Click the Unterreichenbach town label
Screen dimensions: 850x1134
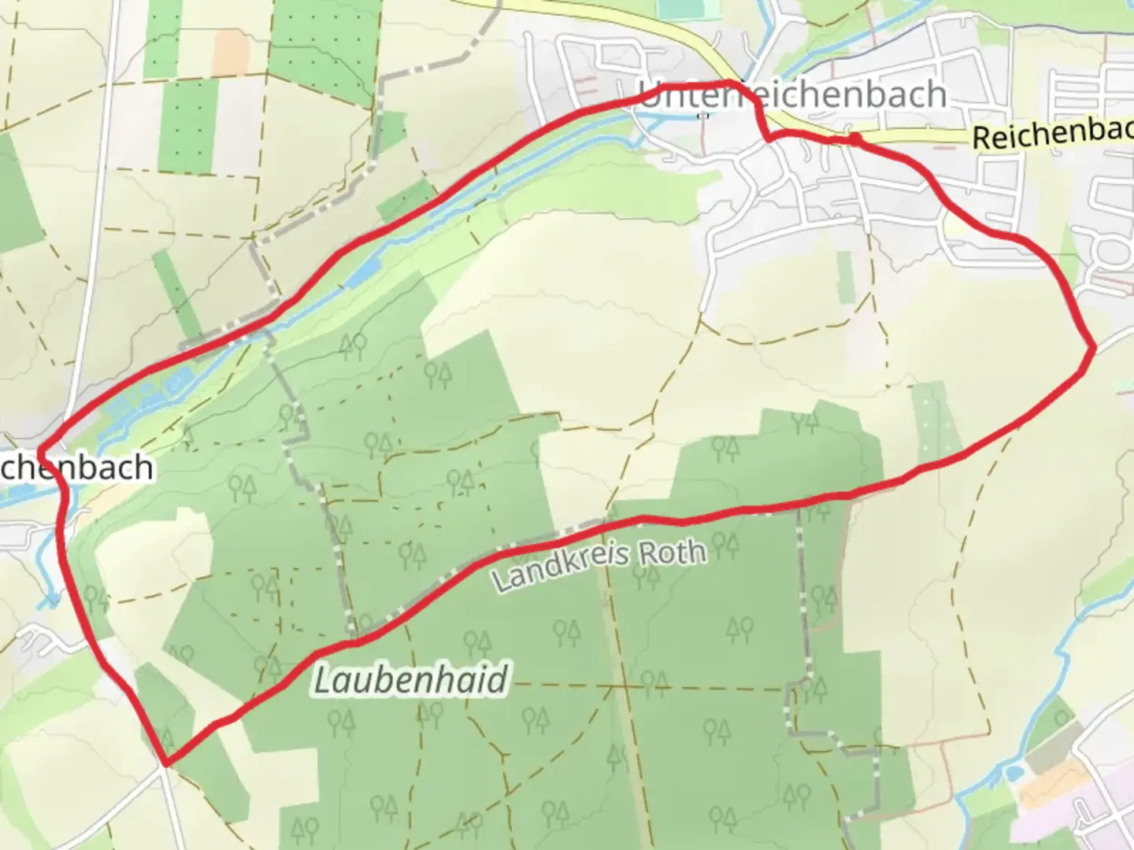(x=791, y=95)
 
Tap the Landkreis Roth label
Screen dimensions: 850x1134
(x=598, y=564)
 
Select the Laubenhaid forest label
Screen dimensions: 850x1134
(x=410, y=679)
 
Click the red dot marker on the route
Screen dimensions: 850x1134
(x=854, y=139)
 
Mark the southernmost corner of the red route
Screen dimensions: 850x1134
(x=166, y=761)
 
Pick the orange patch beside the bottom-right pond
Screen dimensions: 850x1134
(x=1043, y=791)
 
